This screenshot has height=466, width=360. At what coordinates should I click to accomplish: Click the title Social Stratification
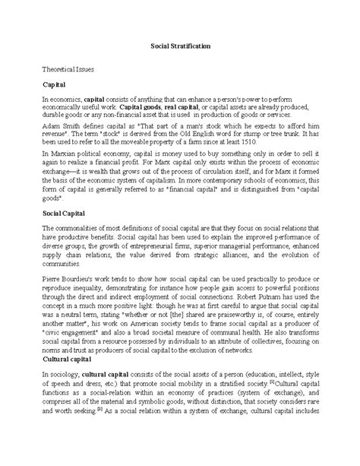(179, 46)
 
